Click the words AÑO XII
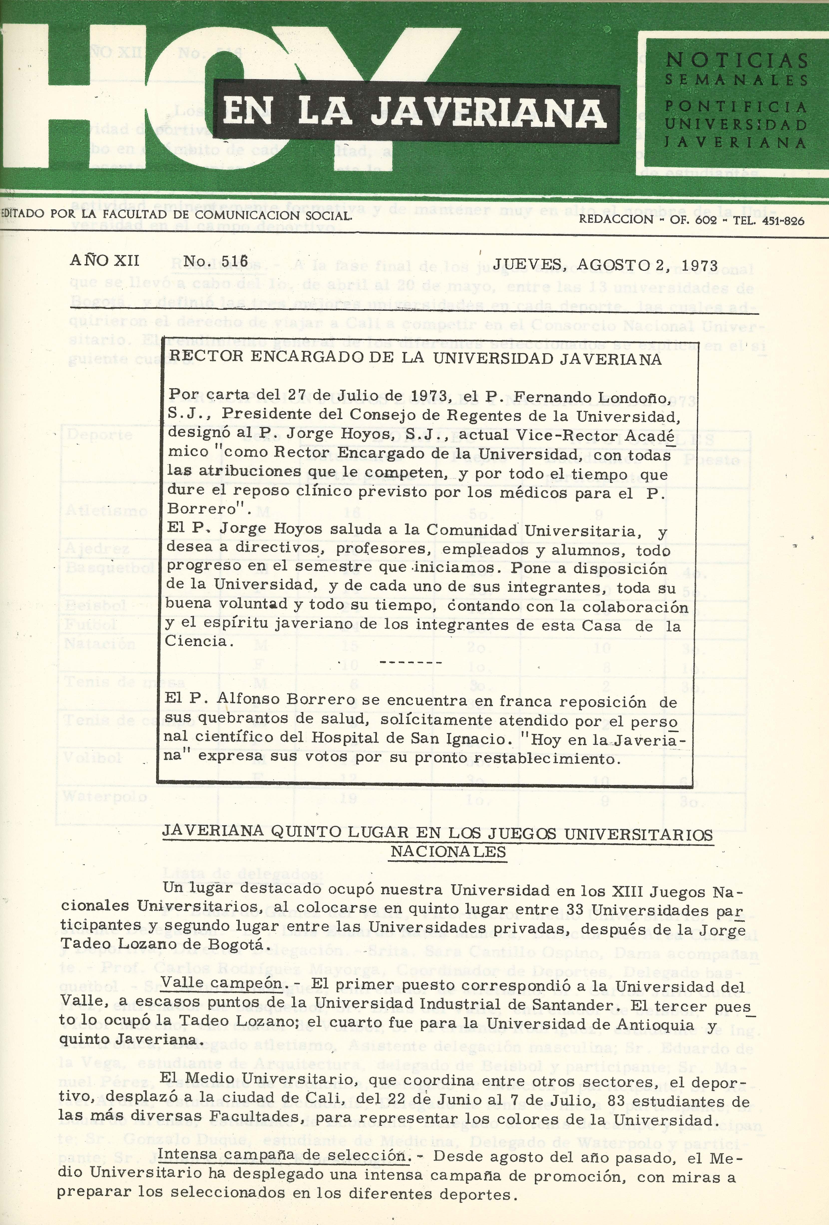[104, 260]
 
